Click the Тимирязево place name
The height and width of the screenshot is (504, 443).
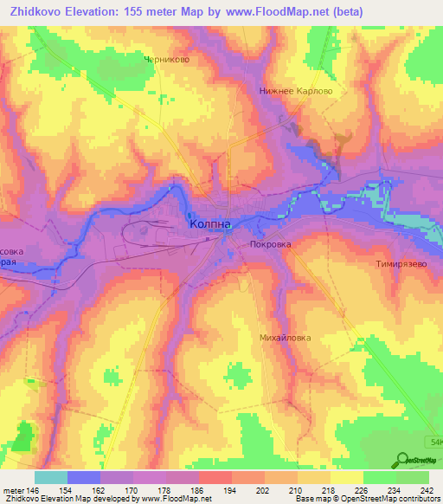pyautogui.click(x=401, y=263)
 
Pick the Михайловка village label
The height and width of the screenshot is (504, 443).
pyautogui.click(x=285, y=338)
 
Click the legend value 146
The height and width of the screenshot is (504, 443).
pyautogui.click(x=32, y=490)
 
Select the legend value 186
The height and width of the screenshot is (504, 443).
pyautogui.click(x=197, y=490)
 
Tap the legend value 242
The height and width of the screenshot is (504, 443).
pyautogui.click(x=427, y=490)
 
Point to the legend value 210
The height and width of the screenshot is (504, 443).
pyautogui.click(x=296, y=490)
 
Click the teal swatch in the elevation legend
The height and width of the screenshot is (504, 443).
pyautogui.click(x=51, y=477)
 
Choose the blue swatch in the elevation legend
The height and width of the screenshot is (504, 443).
pyautogui.click(x=84, y=477)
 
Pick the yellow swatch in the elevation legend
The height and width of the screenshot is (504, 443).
pyautogui.click(x=346, y=477)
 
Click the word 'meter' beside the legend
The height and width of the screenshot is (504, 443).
pyautogui.click(x=12, y=490)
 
